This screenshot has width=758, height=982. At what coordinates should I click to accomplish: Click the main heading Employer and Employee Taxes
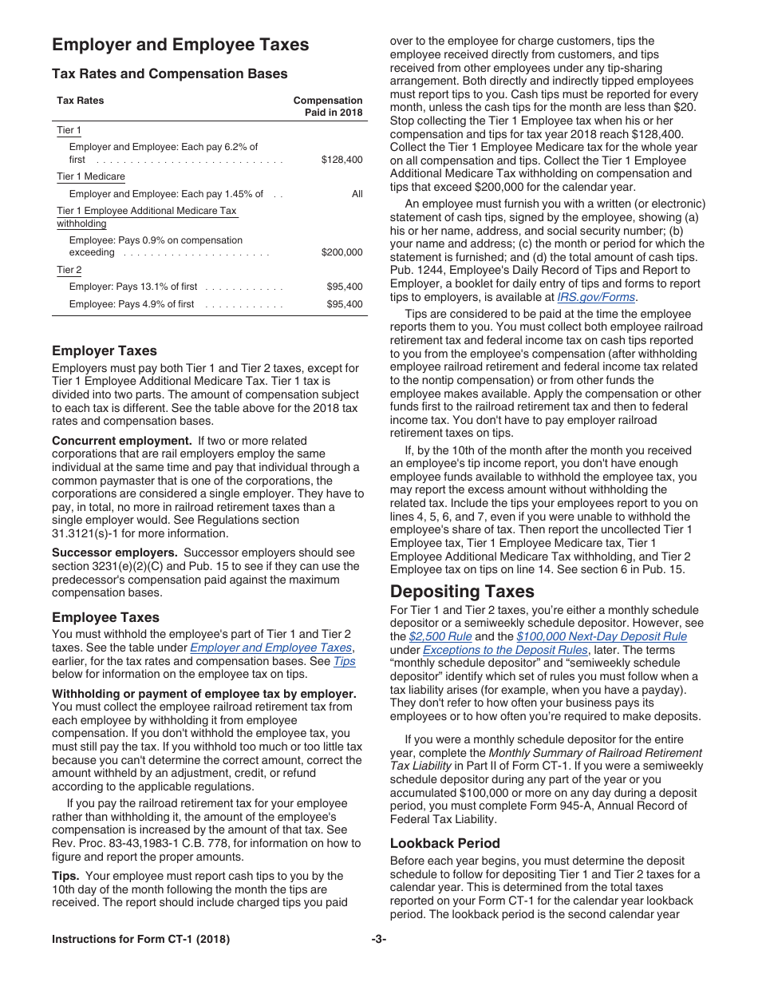point(180,45)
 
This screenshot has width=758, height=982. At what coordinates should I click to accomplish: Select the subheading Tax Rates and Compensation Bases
point(169,74)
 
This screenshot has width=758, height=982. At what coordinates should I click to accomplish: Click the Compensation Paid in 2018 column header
point(328,106)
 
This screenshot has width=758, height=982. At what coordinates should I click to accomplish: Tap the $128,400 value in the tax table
point(341,160)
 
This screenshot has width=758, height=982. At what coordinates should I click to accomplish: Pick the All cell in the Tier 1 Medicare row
point(357,194)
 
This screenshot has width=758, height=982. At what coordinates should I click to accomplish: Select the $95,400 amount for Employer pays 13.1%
point(344,287)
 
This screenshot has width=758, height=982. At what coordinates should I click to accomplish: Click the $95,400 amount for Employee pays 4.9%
point(344,304)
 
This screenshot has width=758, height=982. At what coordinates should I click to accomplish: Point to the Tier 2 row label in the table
point(69,270)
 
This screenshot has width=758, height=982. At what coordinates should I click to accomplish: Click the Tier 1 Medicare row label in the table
point(91,176)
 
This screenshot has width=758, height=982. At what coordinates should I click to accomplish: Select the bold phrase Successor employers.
point(114,552)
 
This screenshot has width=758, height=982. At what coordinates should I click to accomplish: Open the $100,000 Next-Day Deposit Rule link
point(601,636)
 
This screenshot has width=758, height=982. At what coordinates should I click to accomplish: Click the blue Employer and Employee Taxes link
point(270,647)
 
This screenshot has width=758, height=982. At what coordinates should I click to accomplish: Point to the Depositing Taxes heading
point(462,592)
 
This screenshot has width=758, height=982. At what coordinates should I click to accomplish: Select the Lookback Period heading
point(445,843)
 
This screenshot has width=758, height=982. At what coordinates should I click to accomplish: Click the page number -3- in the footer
point(379,940)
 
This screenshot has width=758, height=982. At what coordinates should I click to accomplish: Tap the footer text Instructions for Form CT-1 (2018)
point(140,940)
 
